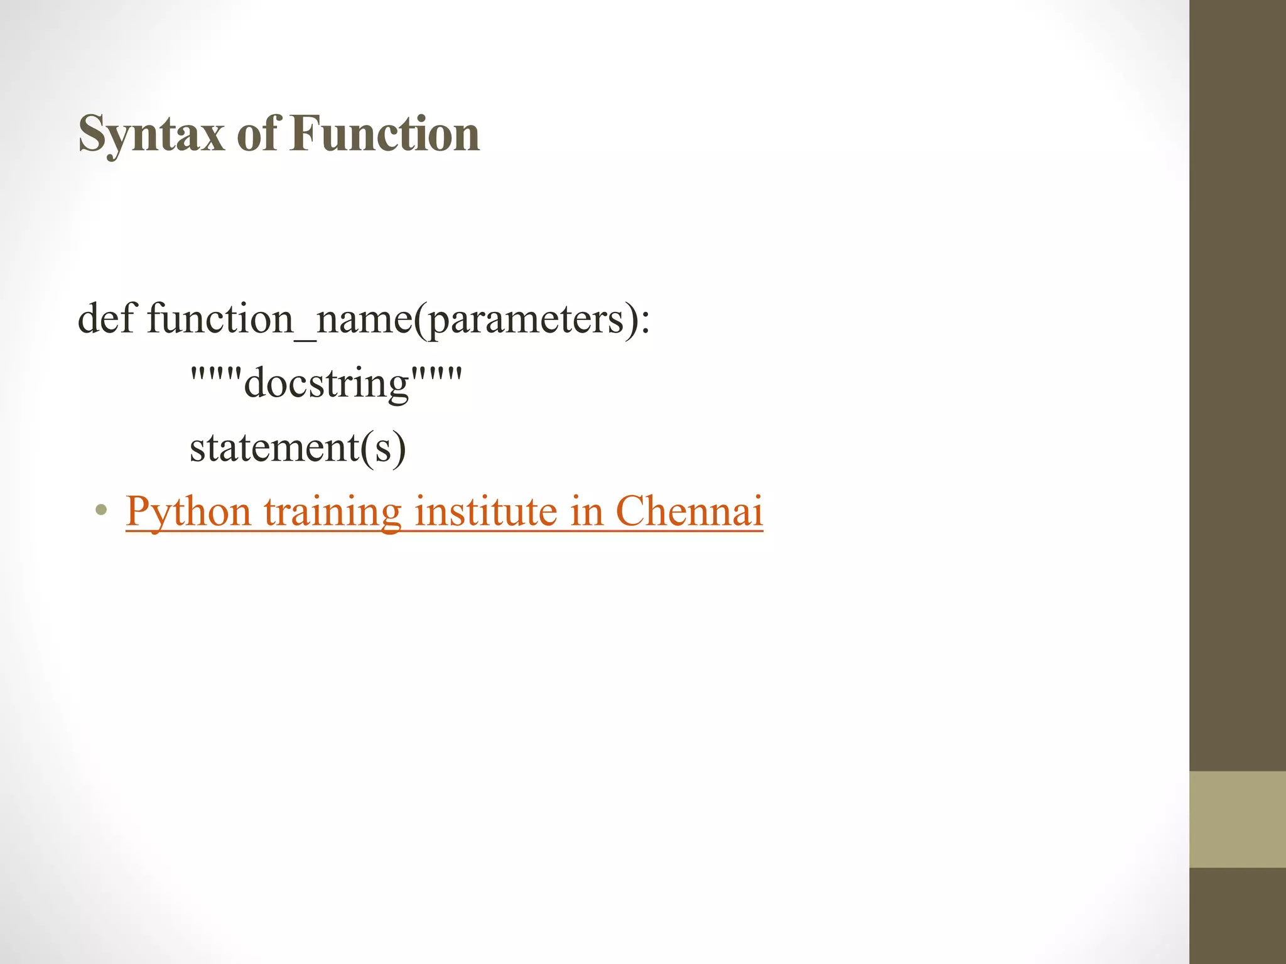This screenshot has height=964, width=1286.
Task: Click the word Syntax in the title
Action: coord(151,134)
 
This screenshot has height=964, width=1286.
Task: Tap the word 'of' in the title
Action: coord(257,134)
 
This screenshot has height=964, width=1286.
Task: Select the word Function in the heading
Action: coord(385,134)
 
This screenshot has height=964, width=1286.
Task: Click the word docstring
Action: coord(327,383)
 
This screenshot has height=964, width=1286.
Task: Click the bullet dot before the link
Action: coord(100,510)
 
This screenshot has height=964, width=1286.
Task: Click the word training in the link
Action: coord(332,511)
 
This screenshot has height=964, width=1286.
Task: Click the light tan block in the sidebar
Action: coord(1237,819)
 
